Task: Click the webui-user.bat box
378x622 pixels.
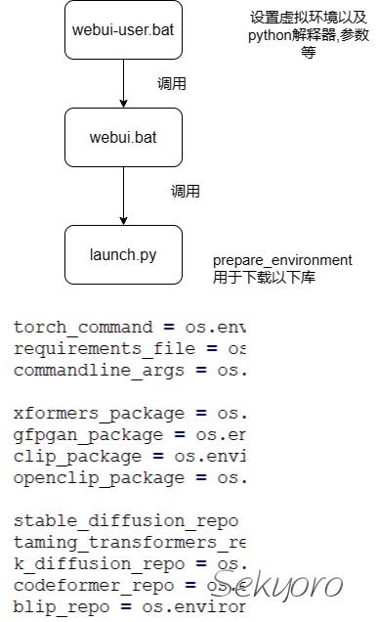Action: point(124,29)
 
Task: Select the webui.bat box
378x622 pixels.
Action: point(124,137)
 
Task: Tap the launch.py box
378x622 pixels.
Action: point(124,254)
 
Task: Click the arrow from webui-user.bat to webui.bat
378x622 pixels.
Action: point(124,83)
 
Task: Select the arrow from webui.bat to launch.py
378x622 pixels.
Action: point(124,196)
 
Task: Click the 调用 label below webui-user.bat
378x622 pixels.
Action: point(172,84)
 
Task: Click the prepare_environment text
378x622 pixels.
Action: point(282,260)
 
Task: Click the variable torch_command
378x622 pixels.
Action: point(83,327)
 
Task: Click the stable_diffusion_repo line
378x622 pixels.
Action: point(126,521)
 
